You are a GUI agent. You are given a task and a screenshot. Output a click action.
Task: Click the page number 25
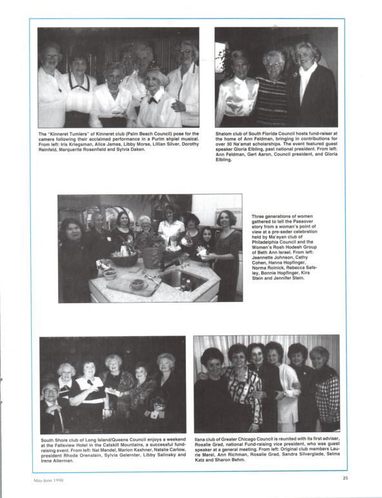(x=345, y=478)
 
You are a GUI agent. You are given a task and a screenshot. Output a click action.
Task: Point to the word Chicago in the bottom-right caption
(x=249, y=439)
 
